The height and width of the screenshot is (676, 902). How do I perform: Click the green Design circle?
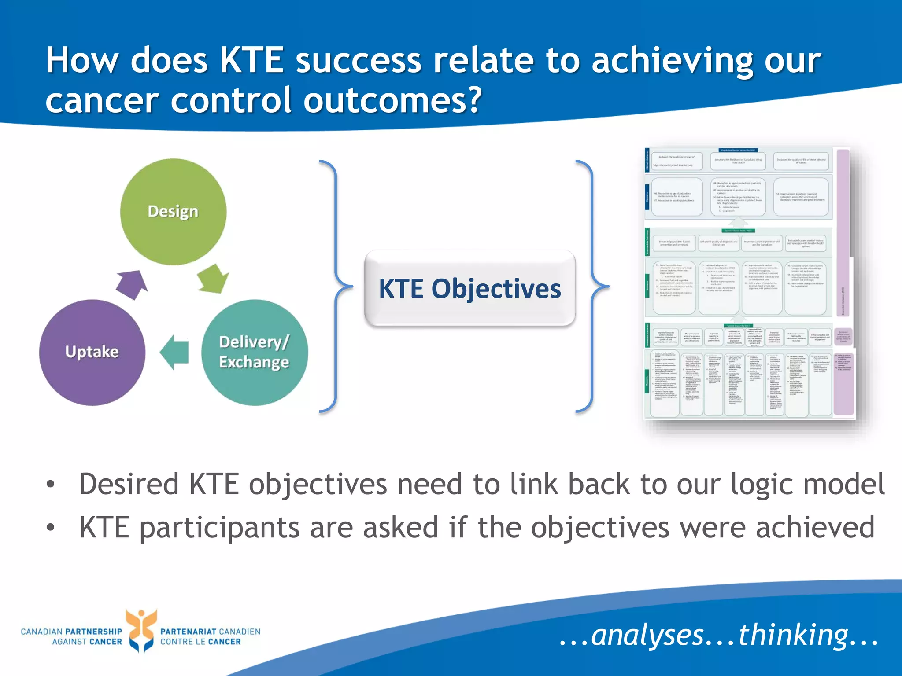(173, 212)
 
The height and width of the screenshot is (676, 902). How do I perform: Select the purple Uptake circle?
(92, 352)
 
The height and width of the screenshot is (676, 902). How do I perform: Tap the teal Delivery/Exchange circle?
(255, 352)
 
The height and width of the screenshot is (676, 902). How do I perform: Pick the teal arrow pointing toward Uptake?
(175, 352)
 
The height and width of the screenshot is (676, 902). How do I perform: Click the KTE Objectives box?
(469, 289)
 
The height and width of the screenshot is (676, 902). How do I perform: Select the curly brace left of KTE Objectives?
(336, 286)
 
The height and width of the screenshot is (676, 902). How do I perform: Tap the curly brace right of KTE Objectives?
(591, 286)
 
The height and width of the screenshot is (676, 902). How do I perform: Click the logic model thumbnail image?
(749, 284)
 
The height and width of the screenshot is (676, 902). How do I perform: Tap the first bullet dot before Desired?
(51, 485)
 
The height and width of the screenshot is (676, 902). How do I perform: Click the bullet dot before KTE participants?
(51, 527)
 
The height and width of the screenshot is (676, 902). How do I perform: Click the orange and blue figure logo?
(141, 630)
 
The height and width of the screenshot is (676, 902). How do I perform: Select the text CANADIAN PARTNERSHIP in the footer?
(71, 632)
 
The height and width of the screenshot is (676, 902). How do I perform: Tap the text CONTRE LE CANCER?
(200, 642)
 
